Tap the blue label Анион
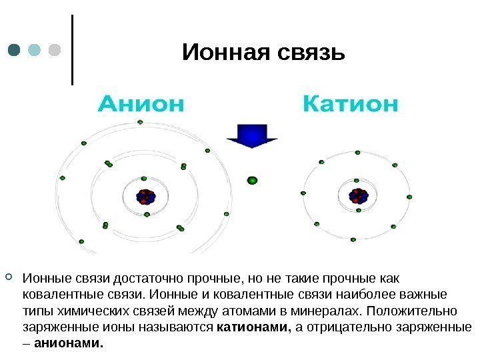[141, 104]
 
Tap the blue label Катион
[351, 104]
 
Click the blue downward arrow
[252, 137]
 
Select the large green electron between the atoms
[252, 179]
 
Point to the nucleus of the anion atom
[145, 197]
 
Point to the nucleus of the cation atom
[358, 196]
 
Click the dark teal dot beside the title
[14, 50]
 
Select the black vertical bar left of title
[71, 49]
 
